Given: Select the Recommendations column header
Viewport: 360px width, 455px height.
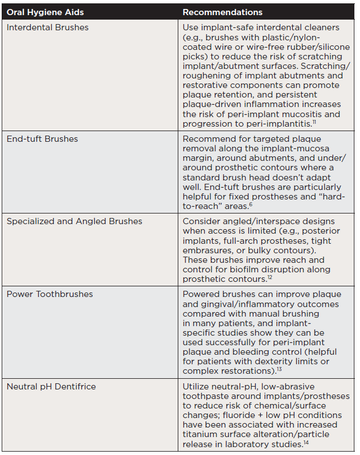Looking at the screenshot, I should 222,12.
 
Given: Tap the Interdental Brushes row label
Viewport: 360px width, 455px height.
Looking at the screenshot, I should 48,27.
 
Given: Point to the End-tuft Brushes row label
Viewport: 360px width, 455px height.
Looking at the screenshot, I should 42,139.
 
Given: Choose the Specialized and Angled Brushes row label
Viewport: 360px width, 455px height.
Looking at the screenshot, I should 75,221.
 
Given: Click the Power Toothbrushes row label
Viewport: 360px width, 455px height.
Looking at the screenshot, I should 50,294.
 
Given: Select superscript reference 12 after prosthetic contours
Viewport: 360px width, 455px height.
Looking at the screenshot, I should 269,277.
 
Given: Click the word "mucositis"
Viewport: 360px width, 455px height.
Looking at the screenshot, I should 320,114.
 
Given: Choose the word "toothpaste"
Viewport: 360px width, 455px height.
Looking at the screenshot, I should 209,397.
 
